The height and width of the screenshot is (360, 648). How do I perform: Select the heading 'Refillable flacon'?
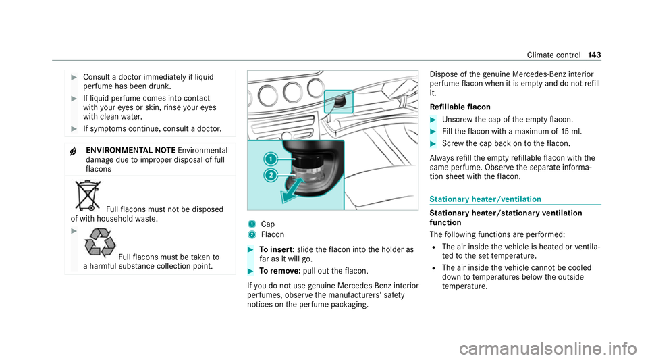tap(457, 107)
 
